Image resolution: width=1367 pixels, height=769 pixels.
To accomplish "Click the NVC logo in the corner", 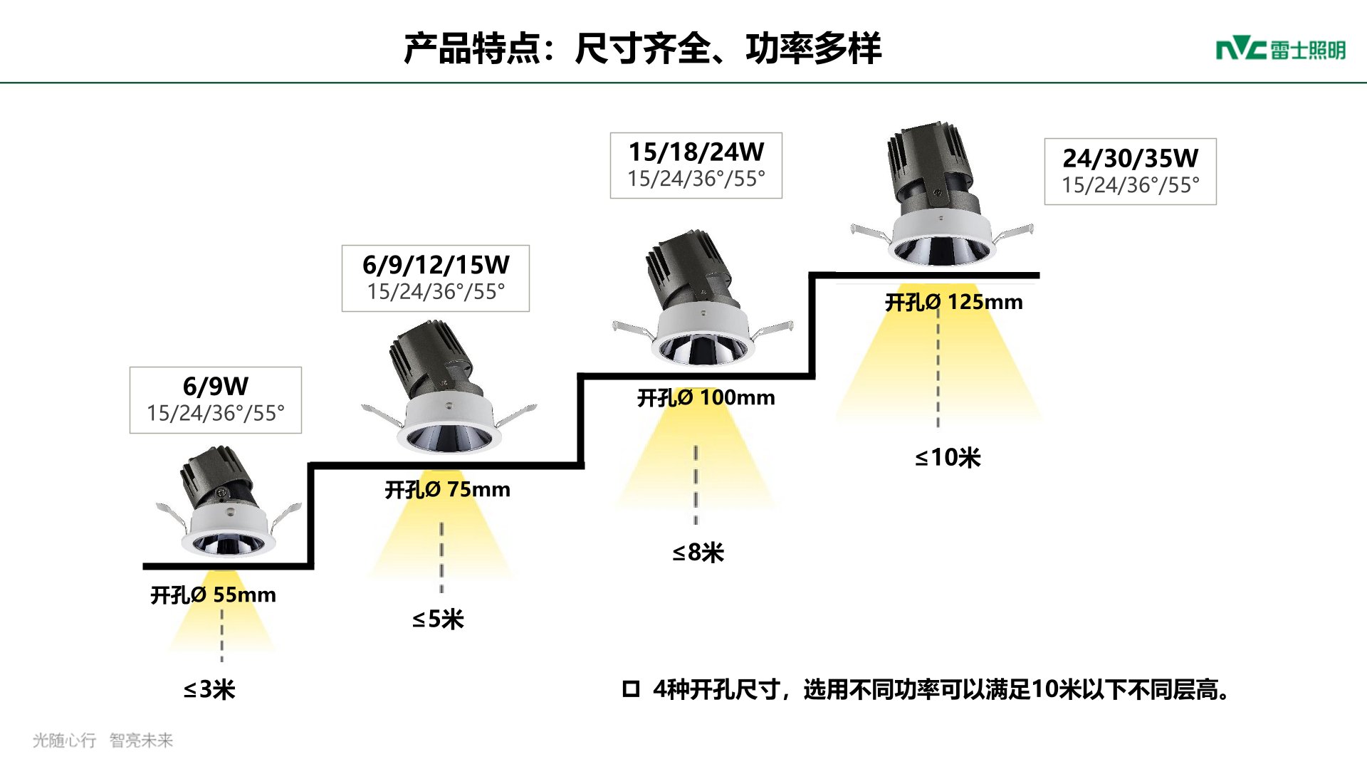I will [x=1280, y=50].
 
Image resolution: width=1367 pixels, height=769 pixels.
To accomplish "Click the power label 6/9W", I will [x=215, y=387].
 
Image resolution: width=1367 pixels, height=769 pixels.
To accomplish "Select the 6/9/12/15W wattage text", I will [x=436, y=265].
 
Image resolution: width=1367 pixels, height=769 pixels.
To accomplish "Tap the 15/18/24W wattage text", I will [x=696, y=152].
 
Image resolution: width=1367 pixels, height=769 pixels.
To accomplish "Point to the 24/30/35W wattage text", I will [x=1130, y=158].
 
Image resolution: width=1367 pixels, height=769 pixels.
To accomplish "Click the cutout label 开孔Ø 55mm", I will [x=213, y=595].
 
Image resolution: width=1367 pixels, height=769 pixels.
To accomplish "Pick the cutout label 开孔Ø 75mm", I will [x=447, y=490].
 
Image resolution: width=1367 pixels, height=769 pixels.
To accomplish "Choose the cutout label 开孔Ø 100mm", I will [x=706, y=397].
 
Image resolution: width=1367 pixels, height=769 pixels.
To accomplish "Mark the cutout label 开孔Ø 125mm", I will [x=953, y=302].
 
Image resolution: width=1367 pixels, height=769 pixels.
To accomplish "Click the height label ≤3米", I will [x=209, y=689].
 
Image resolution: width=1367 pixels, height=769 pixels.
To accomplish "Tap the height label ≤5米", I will [x=438, y=619].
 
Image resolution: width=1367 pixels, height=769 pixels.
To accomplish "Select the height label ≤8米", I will [x=698, y=553].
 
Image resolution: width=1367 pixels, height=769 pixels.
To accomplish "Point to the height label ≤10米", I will [x=948, y=457].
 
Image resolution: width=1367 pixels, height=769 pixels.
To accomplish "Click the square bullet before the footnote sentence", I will [x=631, y=689].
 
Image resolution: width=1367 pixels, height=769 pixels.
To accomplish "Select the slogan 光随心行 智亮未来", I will [x=103, y=741].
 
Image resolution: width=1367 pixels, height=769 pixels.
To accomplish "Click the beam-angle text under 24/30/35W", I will [x=1130, y=185].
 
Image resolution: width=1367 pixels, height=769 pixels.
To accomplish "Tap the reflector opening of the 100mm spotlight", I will [x=703, y=350].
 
